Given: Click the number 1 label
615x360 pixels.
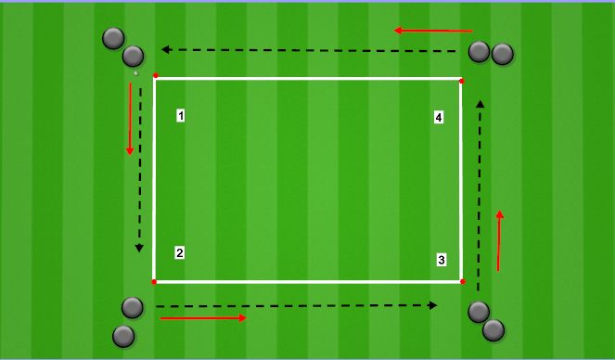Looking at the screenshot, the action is (180, 116).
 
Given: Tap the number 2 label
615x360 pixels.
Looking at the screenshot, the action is (180, 252).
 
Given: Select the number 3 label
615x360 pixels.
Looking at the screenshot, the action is (442, 260).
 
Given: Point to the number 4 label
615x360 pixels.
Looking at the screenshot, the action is (439, 117).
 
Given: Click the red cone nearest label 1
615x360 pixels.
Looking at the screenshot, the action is (155, 76).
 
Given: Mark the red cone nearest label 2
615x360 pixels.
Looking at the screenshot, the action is (154, 281).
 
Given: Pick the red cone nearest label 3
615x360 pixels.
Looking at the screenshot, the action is (462, 281).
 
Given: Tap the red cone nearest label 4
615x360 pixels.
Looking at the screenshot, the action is (461, 81).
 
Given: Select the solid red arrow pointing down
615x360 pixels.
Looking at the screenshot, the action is (130, 119).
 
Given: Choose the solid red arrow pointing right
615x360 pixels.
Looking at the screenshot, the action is (203, 318).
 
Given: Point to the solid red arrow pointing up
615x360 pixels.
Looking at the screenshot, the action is (500, 240).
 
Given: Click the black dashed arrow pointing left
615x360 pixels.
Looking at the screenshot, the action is (311, 50).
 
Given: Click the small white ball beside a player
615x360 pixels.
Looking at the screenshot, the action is (135, 72).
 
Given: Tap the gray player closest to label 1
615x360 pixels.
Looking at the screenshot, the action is (134, 57).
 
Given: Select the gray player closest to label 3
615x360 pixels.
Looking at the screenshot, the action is (479, 312).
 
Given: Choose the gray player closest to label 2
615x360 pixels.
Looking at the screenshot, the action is (133, 307).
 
